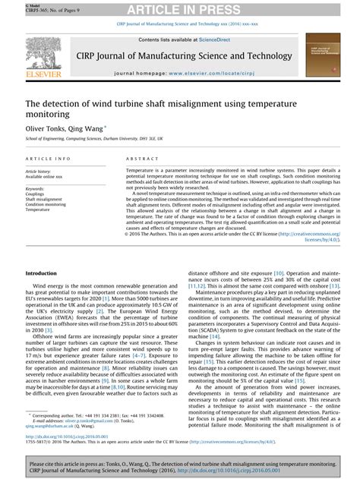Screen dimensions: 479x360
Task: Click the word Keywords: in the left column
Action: (x=37, y=188)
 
